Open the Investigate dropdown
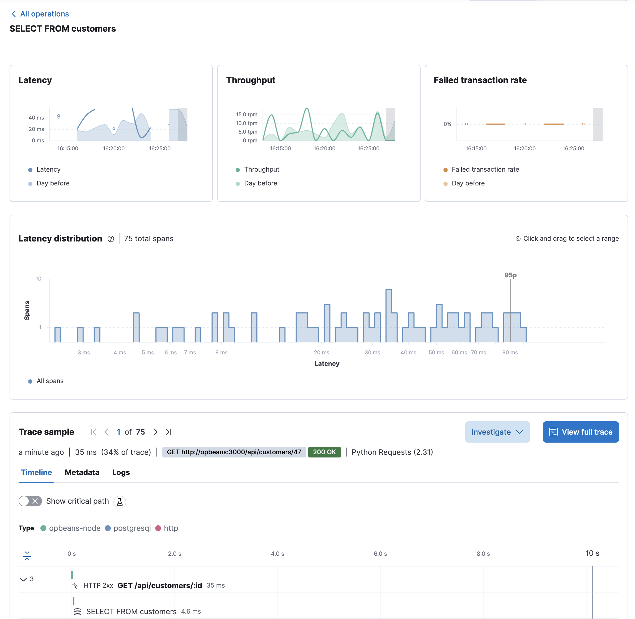[497, 432]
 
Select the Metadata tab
[82, 472]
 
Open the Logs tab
[121, 472]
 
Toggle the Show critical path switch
[30, 501]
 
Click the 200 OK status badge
[324, 452]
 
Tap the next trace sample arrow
[156, 432]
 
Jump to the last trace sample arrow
[168, 432]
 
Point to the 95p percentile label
[510, 275]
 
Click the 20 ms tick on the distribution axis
[321, 353]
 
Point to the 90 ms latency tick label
[510, 353]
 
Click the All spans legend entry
[50, 381]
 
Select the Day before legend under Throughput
[260, 183]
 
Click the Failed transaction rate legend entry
[485, 169]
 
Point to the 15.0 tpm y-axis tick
[247, 115]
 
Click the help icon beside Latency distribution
[111, 239]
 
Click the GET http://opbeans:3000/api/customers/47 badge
[234, 452]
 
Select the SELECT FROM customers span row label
[131, 612]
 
